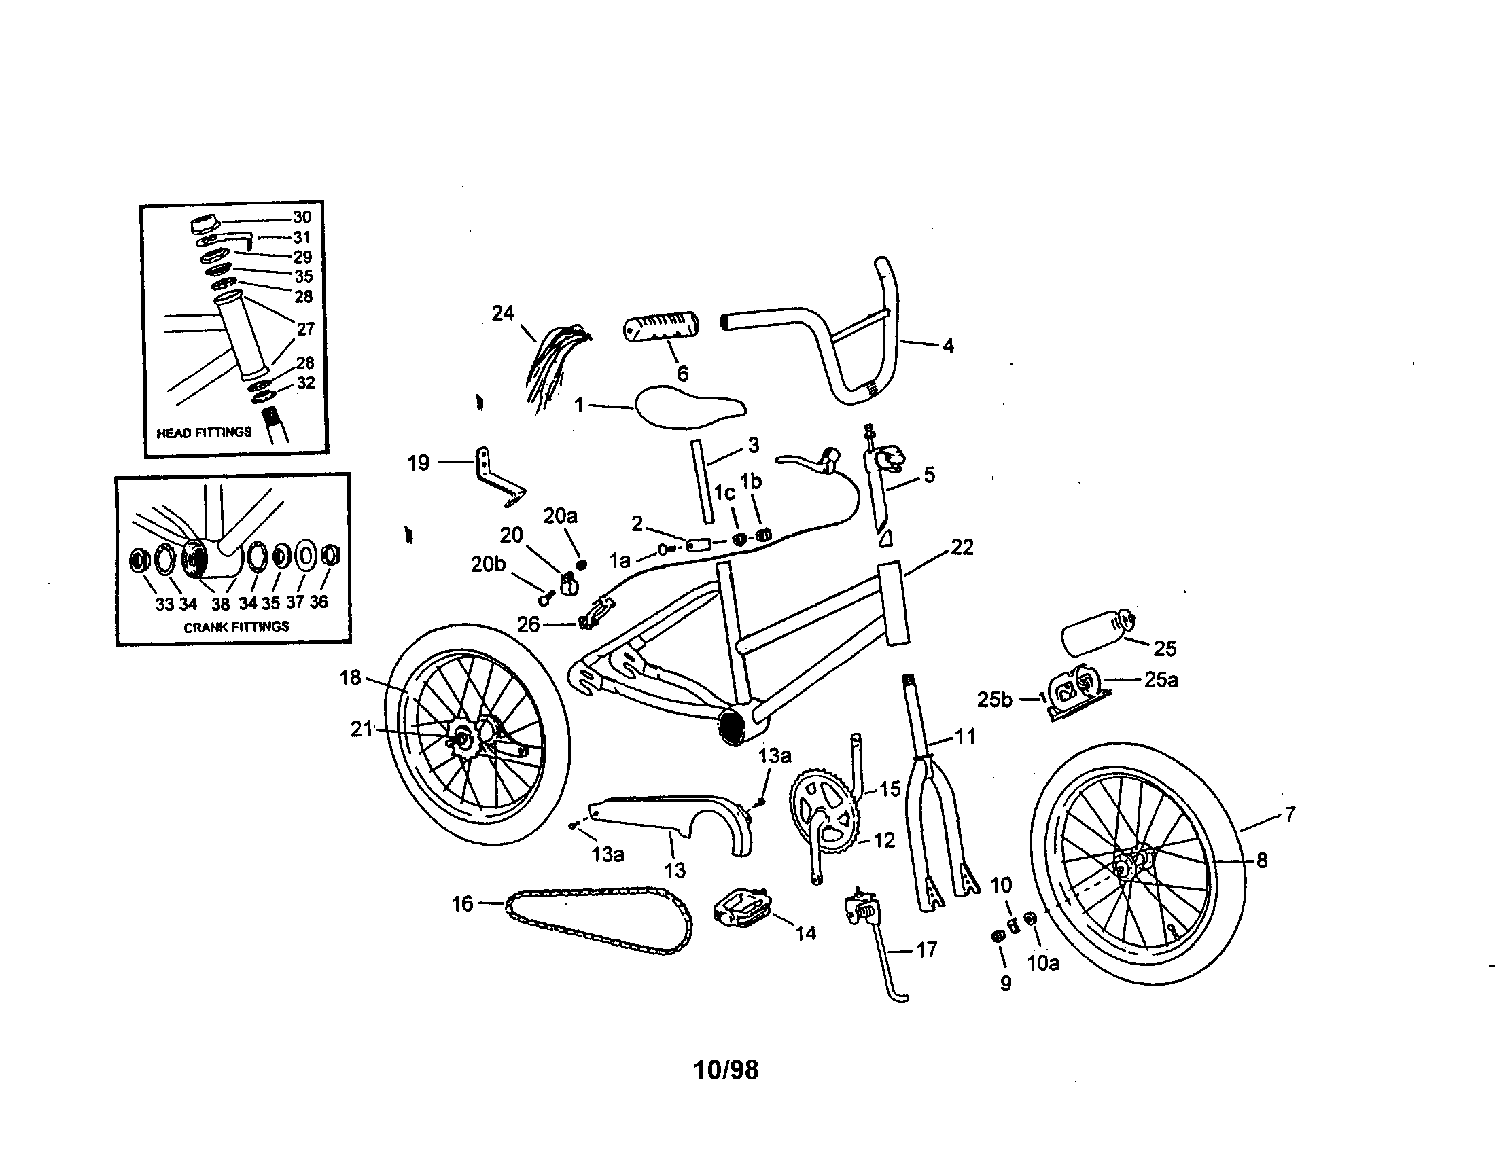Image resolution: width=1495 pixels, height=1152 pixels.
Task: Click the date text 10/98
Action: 726,1070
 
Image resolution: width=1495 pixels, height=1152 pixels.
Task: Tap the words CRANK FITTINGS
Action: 236,626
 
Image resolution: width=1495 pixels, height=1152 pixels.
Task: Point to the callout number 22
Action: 962,547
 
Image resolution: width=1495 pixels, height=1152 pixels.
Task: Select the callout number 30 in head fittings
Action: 302,217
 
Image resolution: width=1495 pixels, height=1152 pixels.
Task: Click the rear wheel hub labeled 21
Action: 461,739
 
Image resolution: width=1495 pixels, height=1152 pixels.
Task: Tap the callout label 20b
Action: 488,564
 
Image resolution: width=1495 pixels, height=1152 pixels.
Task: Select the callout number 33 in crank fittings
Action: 164,604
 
